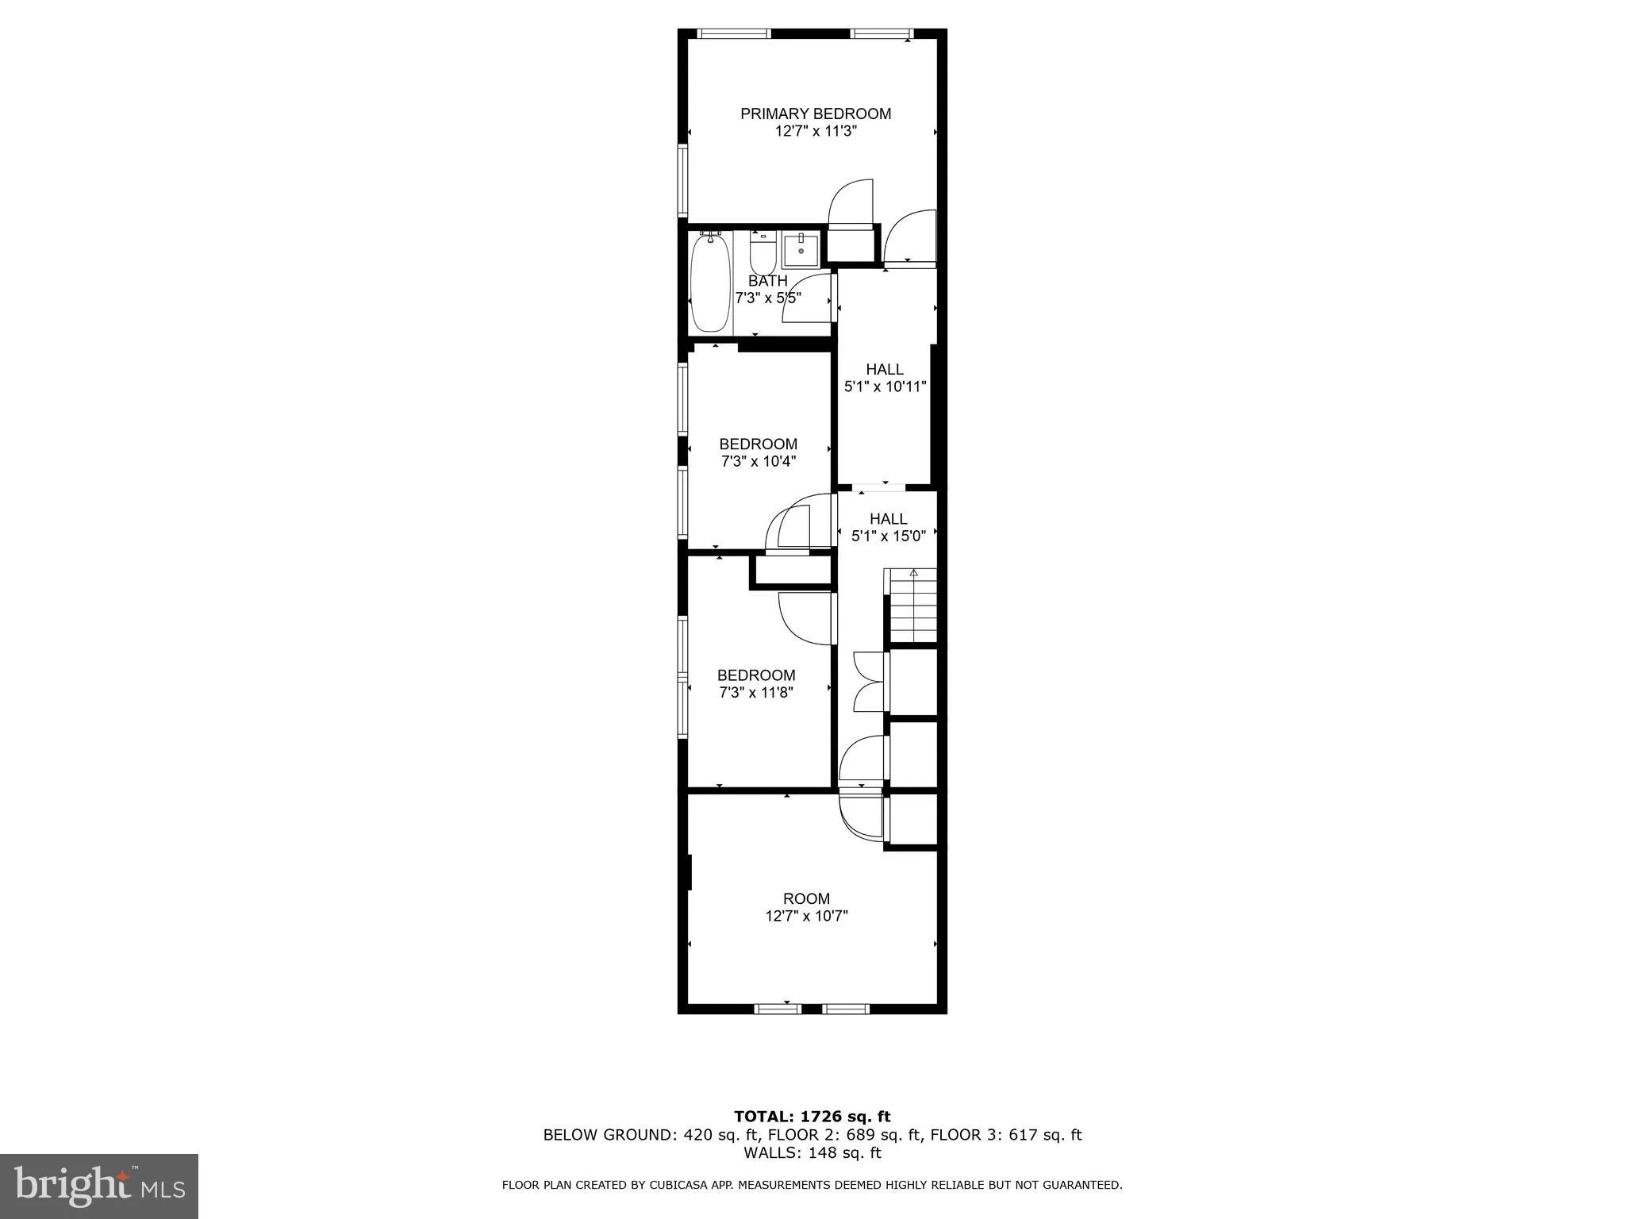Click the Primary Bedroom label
tap(815, 113)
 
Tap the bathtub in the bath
tap(709, 284)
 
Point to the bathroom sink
tap(801, 250)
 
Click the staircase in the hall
tap(912, 607)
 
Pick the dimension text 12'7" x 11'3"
tap(815, 132)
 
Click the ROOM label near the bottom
tap(806, 898)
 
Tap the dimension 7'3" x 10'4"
tap(758, 461)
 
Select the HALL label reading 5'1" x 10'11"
tap(884, 370)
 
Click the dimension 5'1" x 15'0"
tap(888, 536)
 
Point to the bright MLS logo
tap(99, 1186)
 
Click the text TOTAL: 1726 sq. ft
tap(812, 1117)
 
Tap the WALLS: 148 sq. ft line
tap(812, 1152)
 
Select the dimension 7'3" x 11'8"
tap(755, 693)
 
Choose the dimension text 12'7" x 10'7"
tap(806, 917)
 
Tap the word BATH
tap(767, 281)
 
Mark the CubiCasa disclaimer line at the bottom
tap(812, 1185)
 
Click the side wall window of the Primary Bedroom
tap(682, 180)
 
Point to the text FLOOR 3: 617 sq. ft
tap(1005, 1135)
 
